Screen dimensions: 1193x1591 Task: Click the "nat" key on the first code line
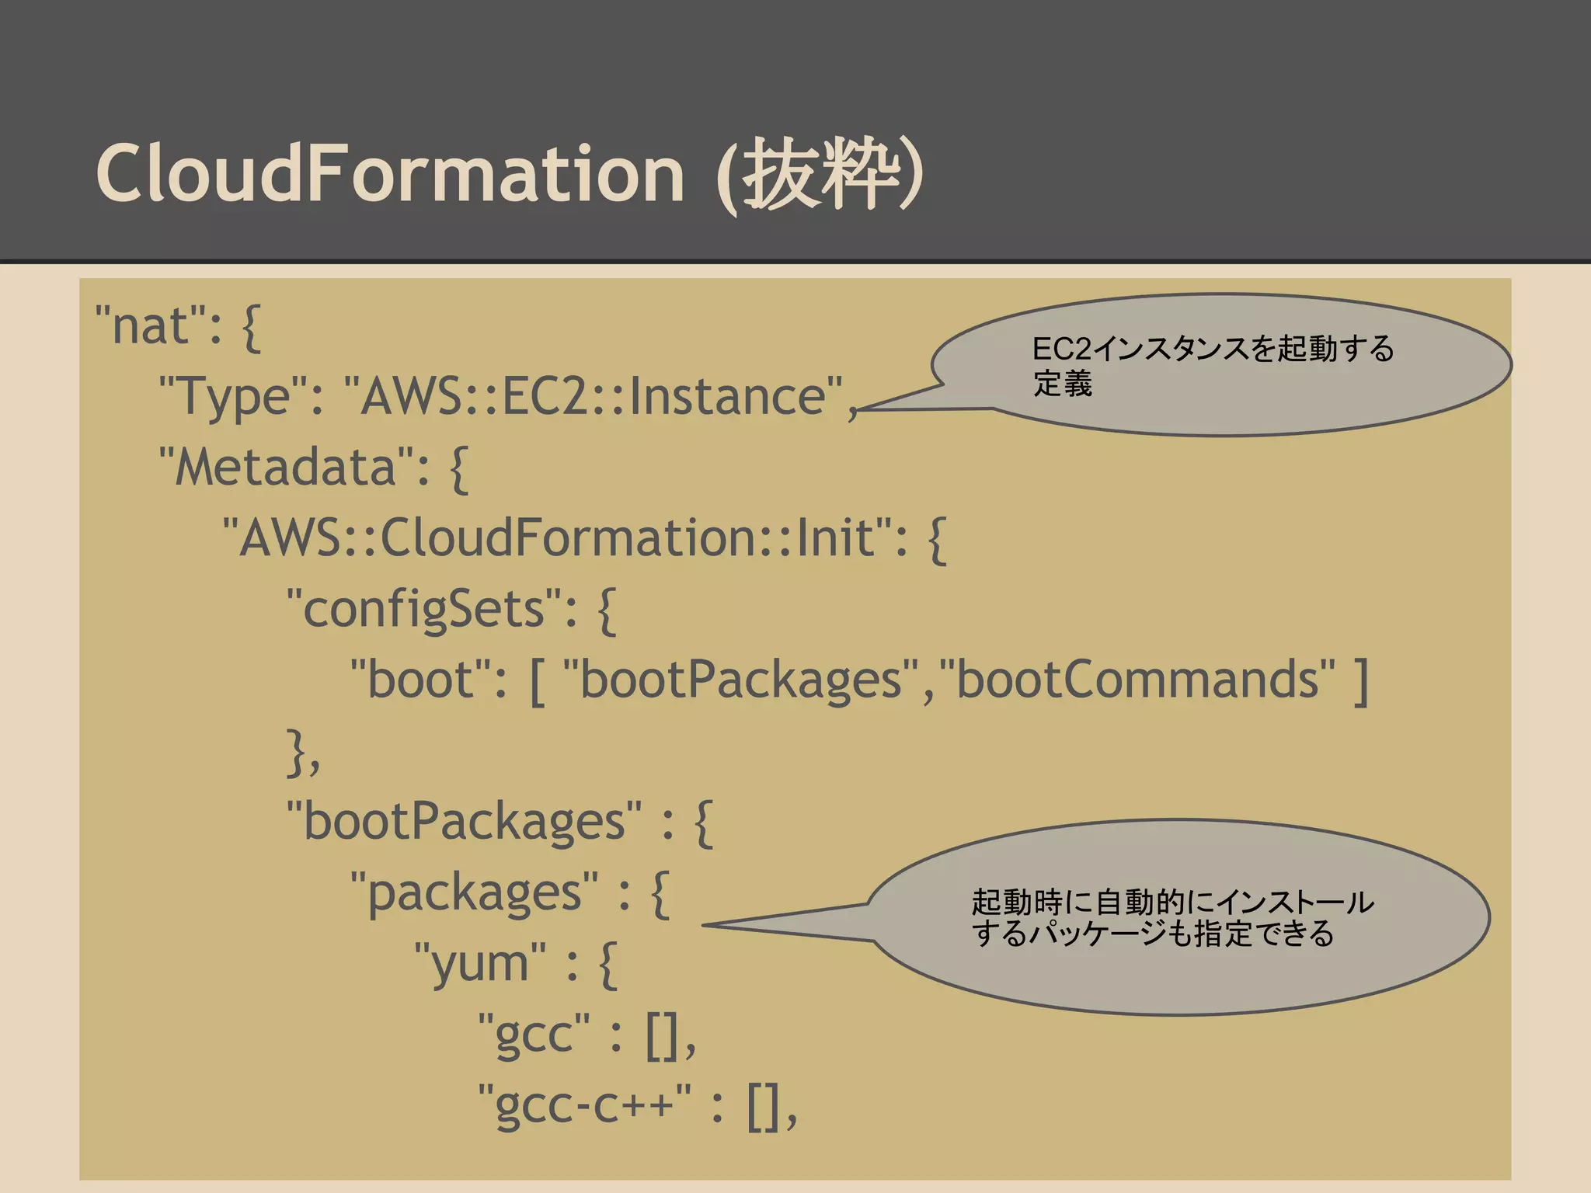pyautogui.click(x=151, y=325)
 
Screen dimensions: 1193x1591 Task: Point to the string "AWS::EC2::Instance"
pyautogui.click(x=594, y=396)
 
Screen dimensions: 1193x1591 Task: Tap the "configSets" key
pyautogui.click(x=423, y=609)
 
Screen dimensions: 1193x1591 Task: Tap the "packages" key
pyautogui.click(x=475, y=892)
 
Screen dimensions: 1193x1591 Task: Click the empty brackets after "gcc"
pyautogui.click(x=664, y=1035)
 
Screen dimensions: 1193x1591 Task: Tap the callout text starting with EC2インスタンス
pyautogui.click(x=1212, y=365)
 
